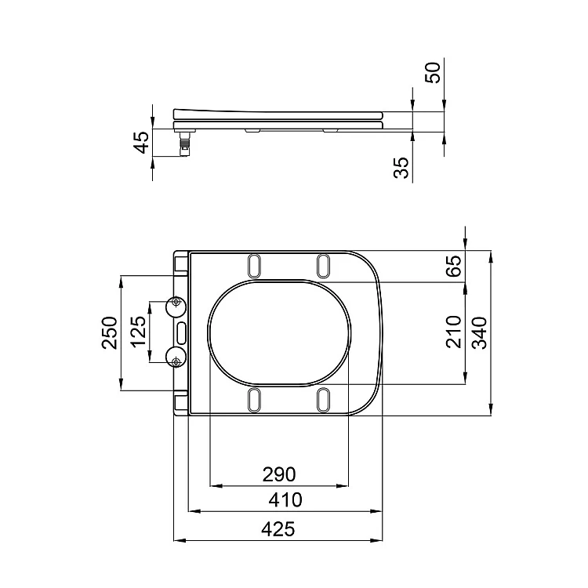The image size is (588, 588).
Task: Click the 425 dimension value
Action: point(278,529)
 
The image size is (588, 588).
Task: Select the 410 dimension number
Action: point(285,500)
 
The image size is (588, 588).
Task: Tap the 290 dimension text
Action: point(279,474)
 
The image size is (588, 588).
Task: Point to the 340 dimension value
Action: point(479,332)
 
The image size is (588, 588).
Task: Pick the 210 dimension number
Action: point(454,332)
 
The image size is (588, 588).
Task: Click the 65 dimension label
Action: point(455,266)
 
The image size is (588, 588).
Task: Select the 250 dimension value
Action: point(110,333)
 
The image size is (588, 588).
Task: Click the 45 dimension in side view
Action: point(142,143)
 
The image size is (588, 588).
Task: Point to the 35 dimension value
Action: point(401,168)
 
